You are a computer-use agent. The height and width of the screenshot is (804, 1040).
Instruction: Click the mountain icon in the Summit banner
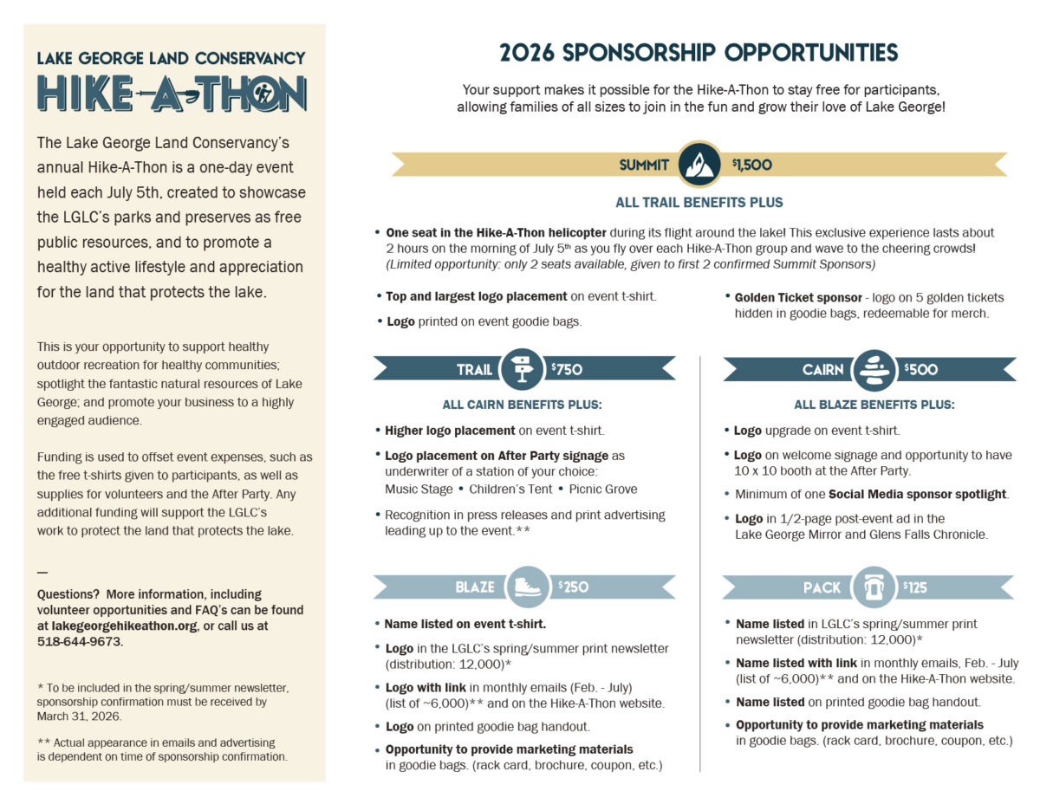click(x=699, y=164)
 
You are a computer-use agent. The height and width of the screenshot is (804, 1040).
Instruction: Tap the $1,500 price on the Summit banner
click(x=752, y=165)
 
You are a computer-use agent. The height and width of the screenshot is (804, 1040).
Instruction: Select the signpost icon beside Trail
click(x=522, y=369)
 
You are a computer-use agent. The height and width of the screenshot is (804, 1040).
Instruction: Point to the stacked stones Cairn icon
click(x=874, y=369)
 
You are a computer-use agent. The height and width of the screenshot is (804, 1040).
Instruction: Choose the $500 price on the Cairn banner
click(x=920, y=369)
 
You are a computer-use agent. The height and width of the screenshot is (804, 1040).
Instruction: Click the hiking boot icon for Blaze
click(x=527, y=587)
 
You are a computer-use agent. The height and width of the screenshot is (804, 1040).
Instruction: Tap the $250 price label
click(x=573, y=587)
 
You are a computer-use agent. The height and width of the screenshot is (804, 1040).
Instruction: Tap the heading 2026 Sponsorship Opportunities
click(x=699, y=53)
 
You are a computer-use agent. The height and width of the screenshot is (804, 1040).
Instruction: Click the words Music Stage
click(x=419, y=490)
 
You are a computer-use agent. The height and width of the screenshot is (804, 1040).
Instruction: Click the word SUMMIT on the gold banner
click(x=644, y=165)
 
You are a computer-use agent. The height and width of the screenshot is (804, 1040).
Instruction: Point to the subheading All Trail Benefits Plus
click(x=699, y=203)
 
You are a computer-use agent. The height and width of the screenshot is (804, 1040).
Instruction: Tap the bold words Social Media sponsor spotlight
click(x=918, y=494)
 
